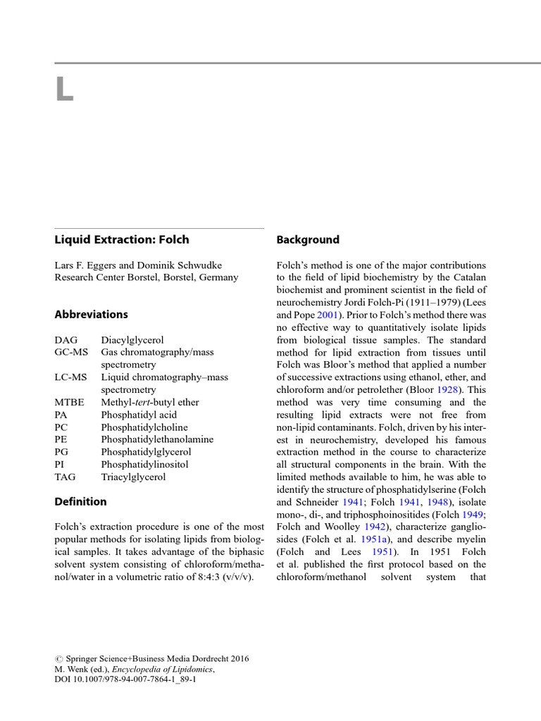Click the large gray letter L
click(64, 90)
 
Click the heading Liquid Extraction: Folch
click(122, 239)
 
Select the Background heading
click(308, 239)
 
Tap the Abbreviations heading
click(92, 315)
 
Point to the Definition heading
click(81, 501)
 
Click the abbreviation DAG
click(66, 340)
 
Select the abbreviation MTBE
click(70, 402)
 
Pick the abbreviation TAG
click(66, 477)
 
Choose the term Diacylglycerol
click(132, 340)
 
